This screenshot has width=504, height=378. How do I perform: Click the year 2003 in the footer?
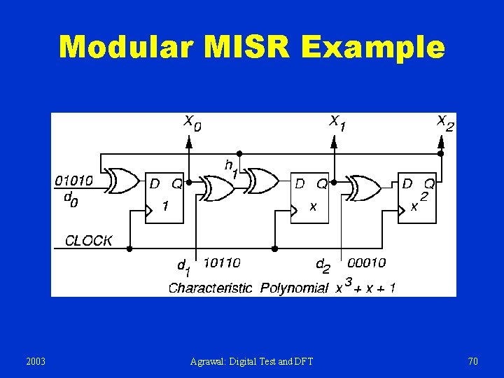click(35, 361)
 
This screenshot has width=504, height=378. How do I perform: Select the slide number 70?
click(472, 361)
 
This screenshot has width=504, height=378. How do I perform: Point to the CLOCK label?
click(88, 241)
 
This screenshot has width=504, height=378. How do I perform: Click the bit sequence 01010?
click(73, 180)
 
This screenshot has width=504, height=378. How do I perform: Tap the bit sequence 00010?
click(366, 262)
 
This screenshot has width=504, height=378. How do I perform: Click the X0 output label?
click(192, 123)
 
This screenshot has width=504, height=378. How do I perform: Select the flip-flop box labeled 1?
click(164, 197)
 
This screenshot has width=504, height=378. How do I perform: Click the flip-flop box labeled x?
click(310, 197)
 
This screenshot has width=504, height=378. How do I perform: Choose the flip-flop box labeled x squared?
click(418, 197)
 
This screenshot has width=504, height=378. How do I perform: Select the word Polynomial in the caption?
click(294, 288)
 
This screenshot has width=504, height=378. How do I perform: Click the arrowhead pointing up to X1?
click(334, 142)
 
